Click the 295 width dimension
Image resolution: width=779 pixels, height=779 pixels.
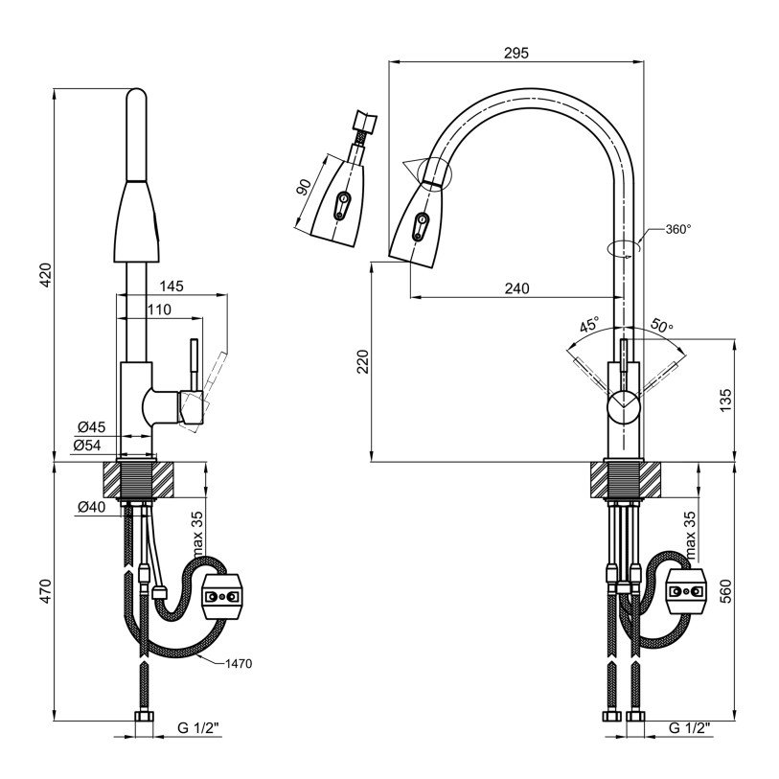click(516, 53)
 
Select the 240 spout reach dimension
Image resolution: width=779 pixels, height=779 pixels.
click(516, 288)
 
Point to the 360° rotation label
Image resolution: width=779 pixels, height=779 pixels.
click(677, 230)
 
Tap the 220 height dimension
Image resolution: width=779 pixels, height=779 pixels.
click(363, 361)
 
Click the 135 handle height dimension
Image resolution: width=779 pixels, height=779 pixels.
click(725, 399)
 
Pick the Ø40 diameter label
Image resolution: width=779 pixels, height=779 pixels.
click(92, 508)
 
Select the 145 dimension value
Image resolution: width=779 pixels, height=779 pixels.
click(172, 286)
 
